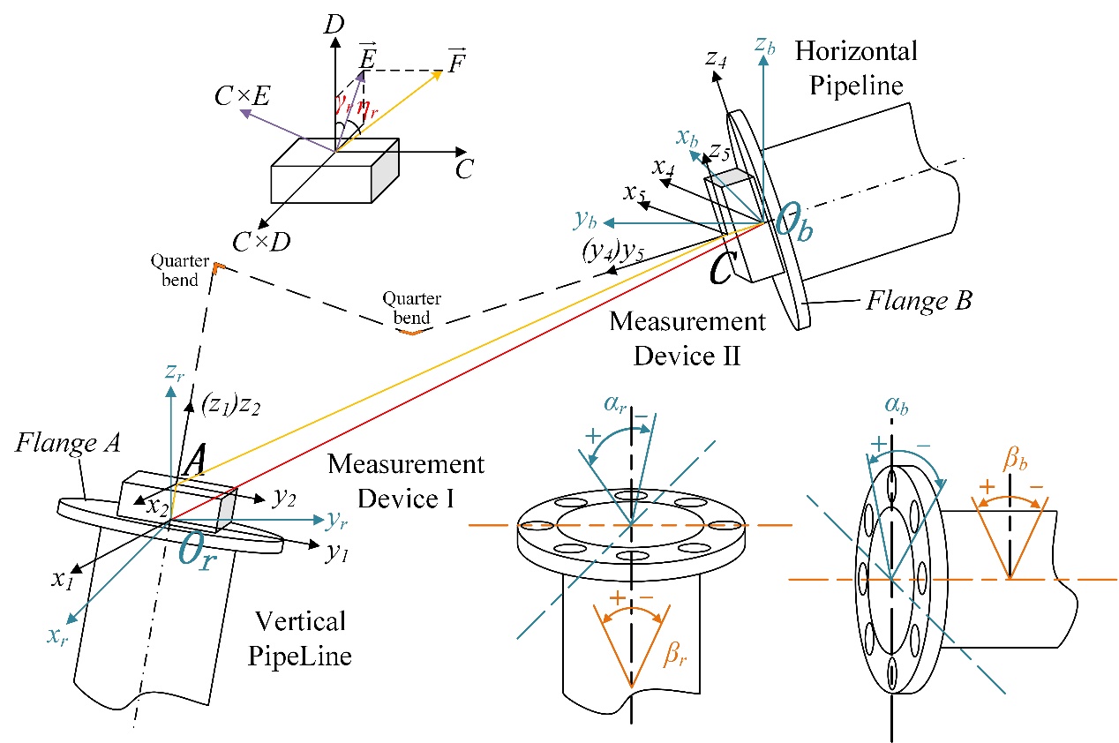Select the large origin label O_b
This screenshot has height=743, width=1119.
pos(795,219)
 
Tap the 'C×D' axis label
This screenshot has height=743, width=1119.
pos(261,239)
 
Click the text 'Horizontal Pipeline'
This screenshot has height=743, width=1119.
pos(855,67)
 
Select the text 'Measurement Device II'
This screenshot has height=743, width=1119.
pos(677,336)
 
